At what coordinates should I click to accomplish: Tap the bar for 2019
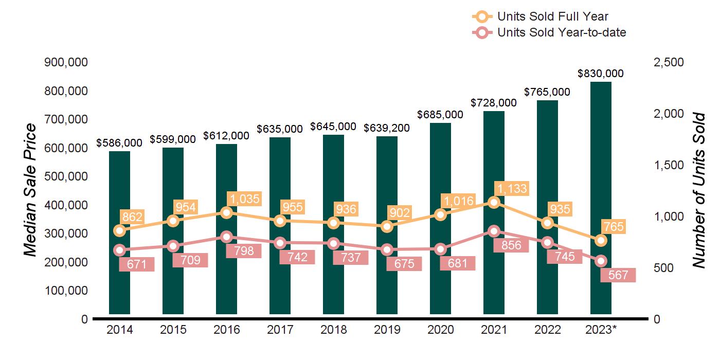click(x=387, y=288)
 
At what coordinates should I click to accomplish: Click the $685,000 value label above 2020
click(x=440, y=114)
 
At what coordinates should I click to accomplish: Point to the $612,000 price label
click(x=226, y=135)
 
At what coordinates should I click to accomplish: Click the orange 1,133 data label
click(x=511, y=189)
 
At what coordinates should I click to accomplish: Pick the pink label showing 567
click(x=618, y=275)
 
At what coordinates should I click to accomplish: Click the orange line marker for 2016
click(x=226, y=212)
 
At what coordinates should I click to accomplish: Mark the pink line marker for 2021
click(x=494, y=231)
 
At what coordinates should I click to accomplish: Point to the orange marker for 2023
click(x=601, y=240)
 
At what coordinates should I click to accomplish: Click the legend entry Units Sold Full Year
click(x=552, y=17)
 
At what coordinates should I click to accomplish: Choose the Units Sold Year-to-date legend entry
click(x=561, y=32)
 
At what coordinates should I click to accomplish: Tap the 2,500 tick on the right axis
click(x=668, y=62)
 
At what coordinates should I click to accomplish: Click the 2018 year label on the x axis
click(x=333, y=330)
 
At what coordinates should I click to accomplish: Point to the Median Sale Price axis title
click(x=31, y=190)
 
